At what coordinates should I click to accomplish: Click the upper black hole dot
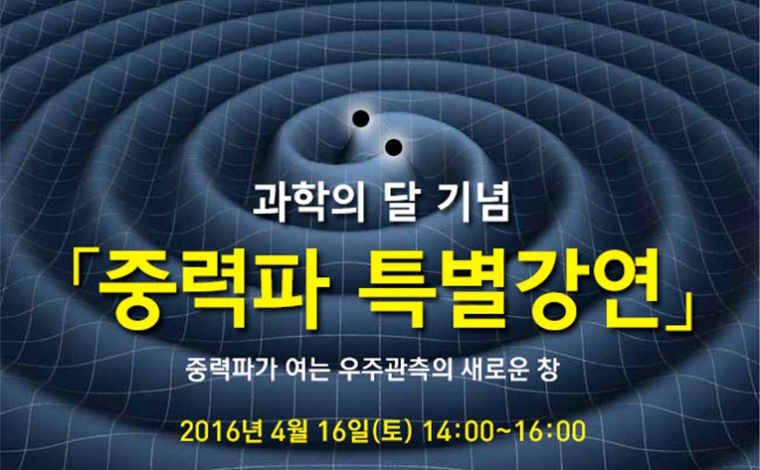361,119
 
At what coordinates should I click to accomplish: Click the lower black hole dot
394,147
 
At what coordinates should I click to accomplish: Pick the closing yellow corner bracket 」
677,314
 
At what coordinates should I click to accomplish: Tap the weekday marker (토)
392,431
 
